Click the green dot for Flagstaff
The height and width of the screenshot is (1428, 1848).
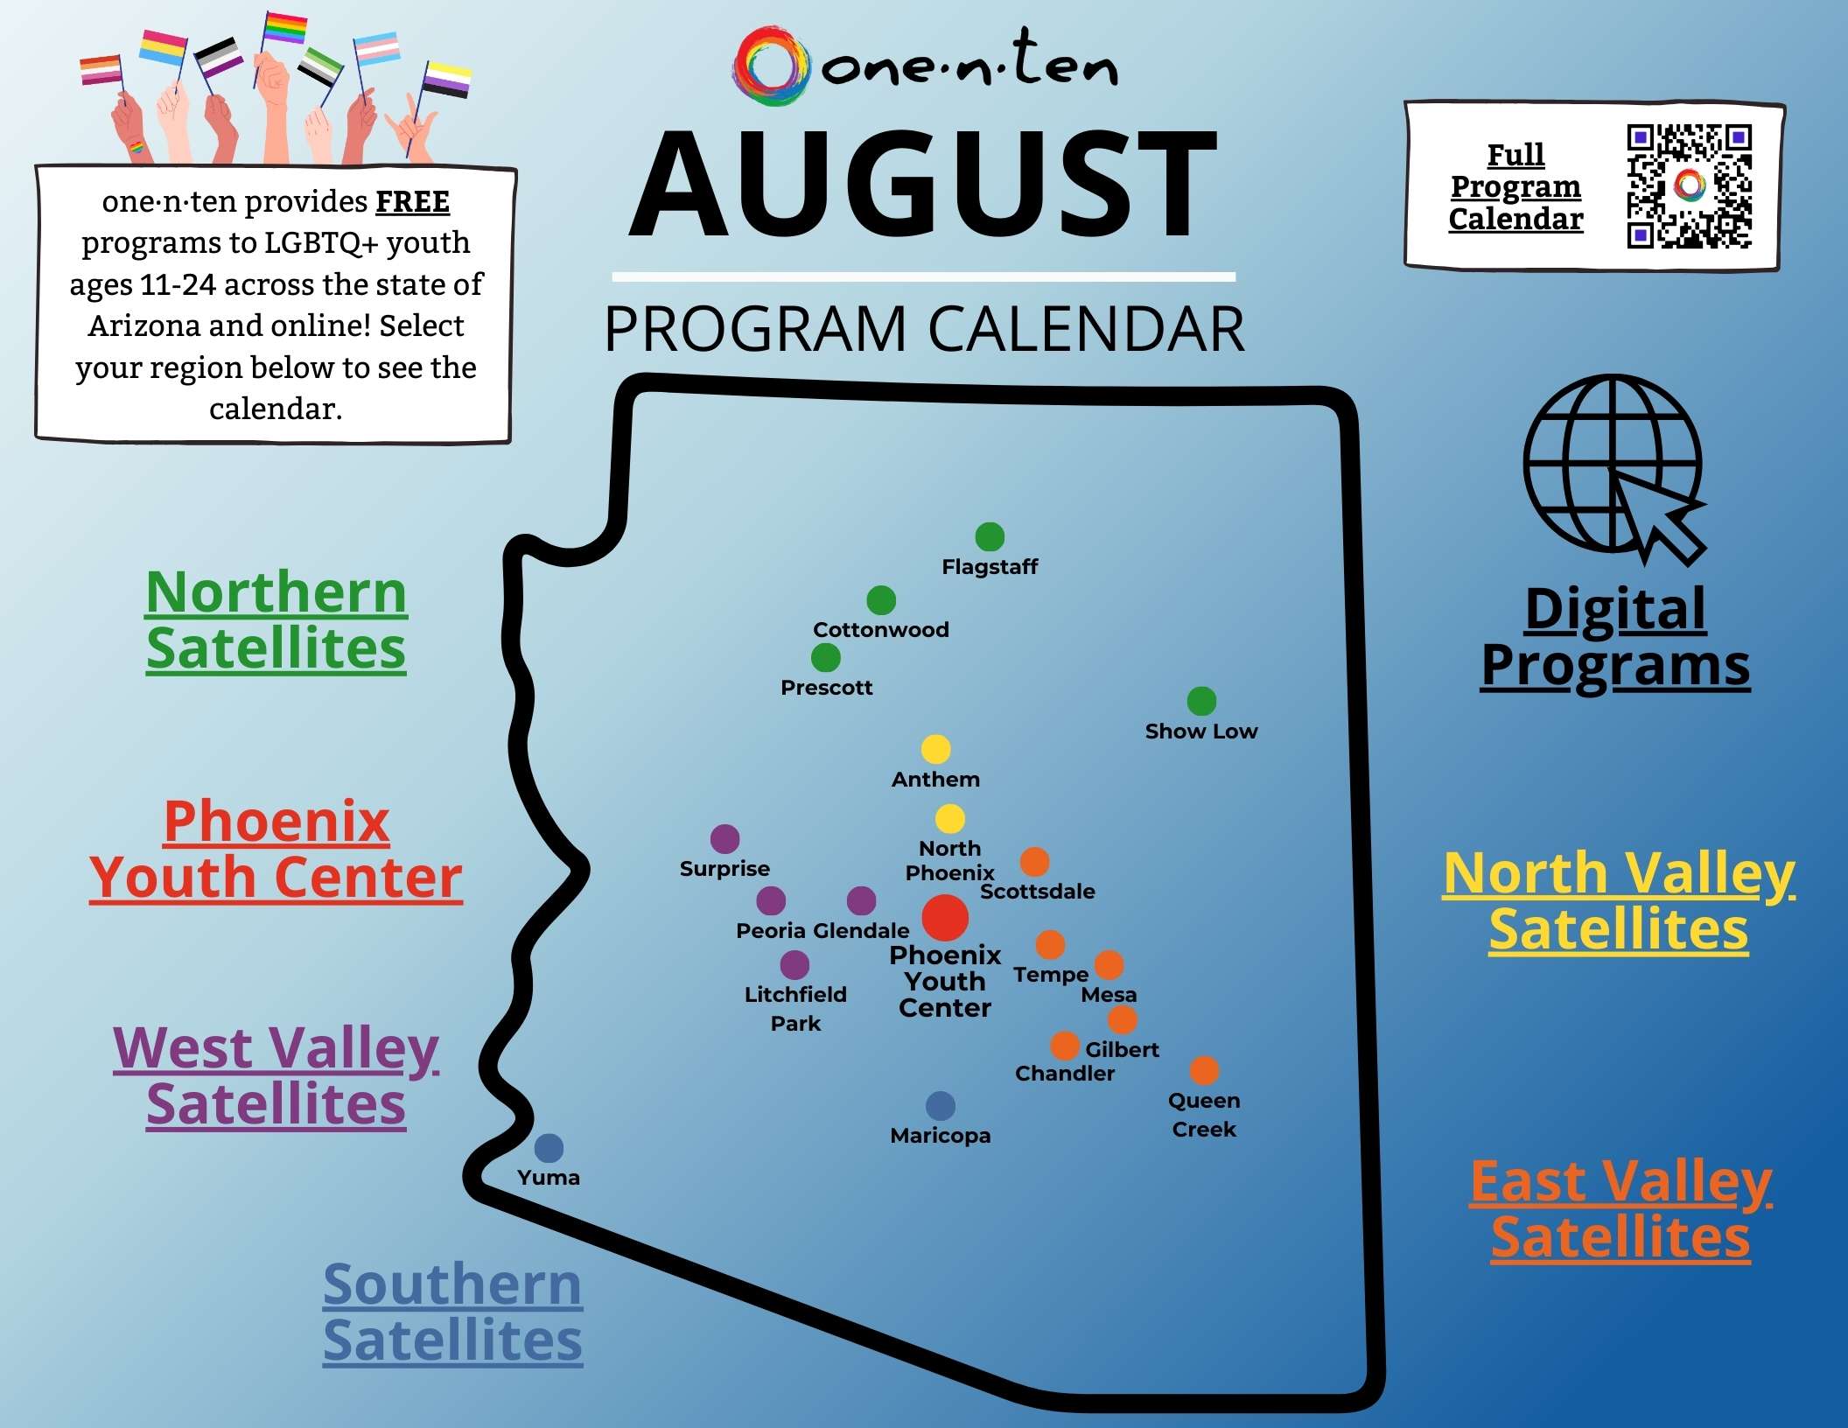[989, 536]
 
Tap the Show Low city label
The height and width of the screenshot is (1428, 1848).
[1200, 731]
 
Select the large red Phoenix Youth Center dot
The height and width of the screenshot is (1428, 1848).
[945, 917]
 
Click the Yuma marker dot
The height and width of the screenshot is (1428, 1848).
[549, 1147]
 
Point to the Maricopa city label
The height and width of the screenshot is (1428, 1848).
[940, 1135]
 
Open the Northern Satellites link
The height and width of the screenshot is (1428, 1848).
[276, 620]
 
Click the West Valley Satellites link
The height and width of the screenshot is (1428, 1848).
[276, 1075]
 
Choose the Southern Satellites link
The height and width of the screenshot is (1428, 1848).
[452, 1312]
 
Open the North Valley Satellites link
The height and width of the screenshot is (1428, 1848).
[1619, 900]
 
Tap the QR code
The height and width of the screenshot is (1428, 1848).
[1689, 186]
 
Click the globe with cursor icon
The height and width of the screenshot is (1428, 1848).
[1615, 468]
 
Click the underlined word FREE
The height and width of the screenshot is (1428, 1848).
[412, 202]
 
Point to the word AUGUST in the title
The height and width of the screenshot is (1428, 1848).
[922, 184]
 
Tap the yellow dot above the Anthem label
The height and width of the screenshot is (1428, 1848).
[935, 749]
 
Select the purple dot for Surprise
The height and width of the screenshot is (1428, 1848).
[724, 838]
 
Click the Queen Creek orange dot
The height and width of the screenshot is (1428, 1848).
[1204, 1069]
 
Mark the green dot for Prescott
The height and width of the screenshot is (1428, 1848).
[825, 657]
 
